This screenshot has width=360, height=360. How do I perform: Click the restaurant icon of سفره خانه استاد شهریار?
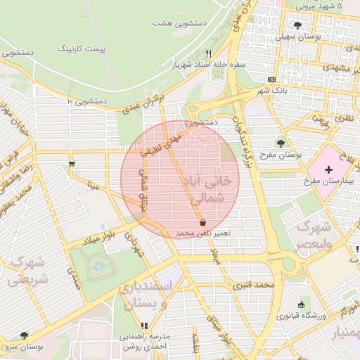pos(208,53)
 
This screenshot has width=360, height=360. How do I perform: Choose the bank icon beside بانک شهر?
pos(271,80)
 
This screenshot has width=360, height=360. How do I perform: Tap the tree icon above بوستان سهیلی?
pos(298,25)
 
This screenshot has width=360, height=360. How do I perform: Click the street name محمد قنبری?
pos(254,285)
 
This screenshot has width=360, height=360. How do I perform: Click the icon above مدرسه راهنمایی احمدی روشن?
pos(145,326)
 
